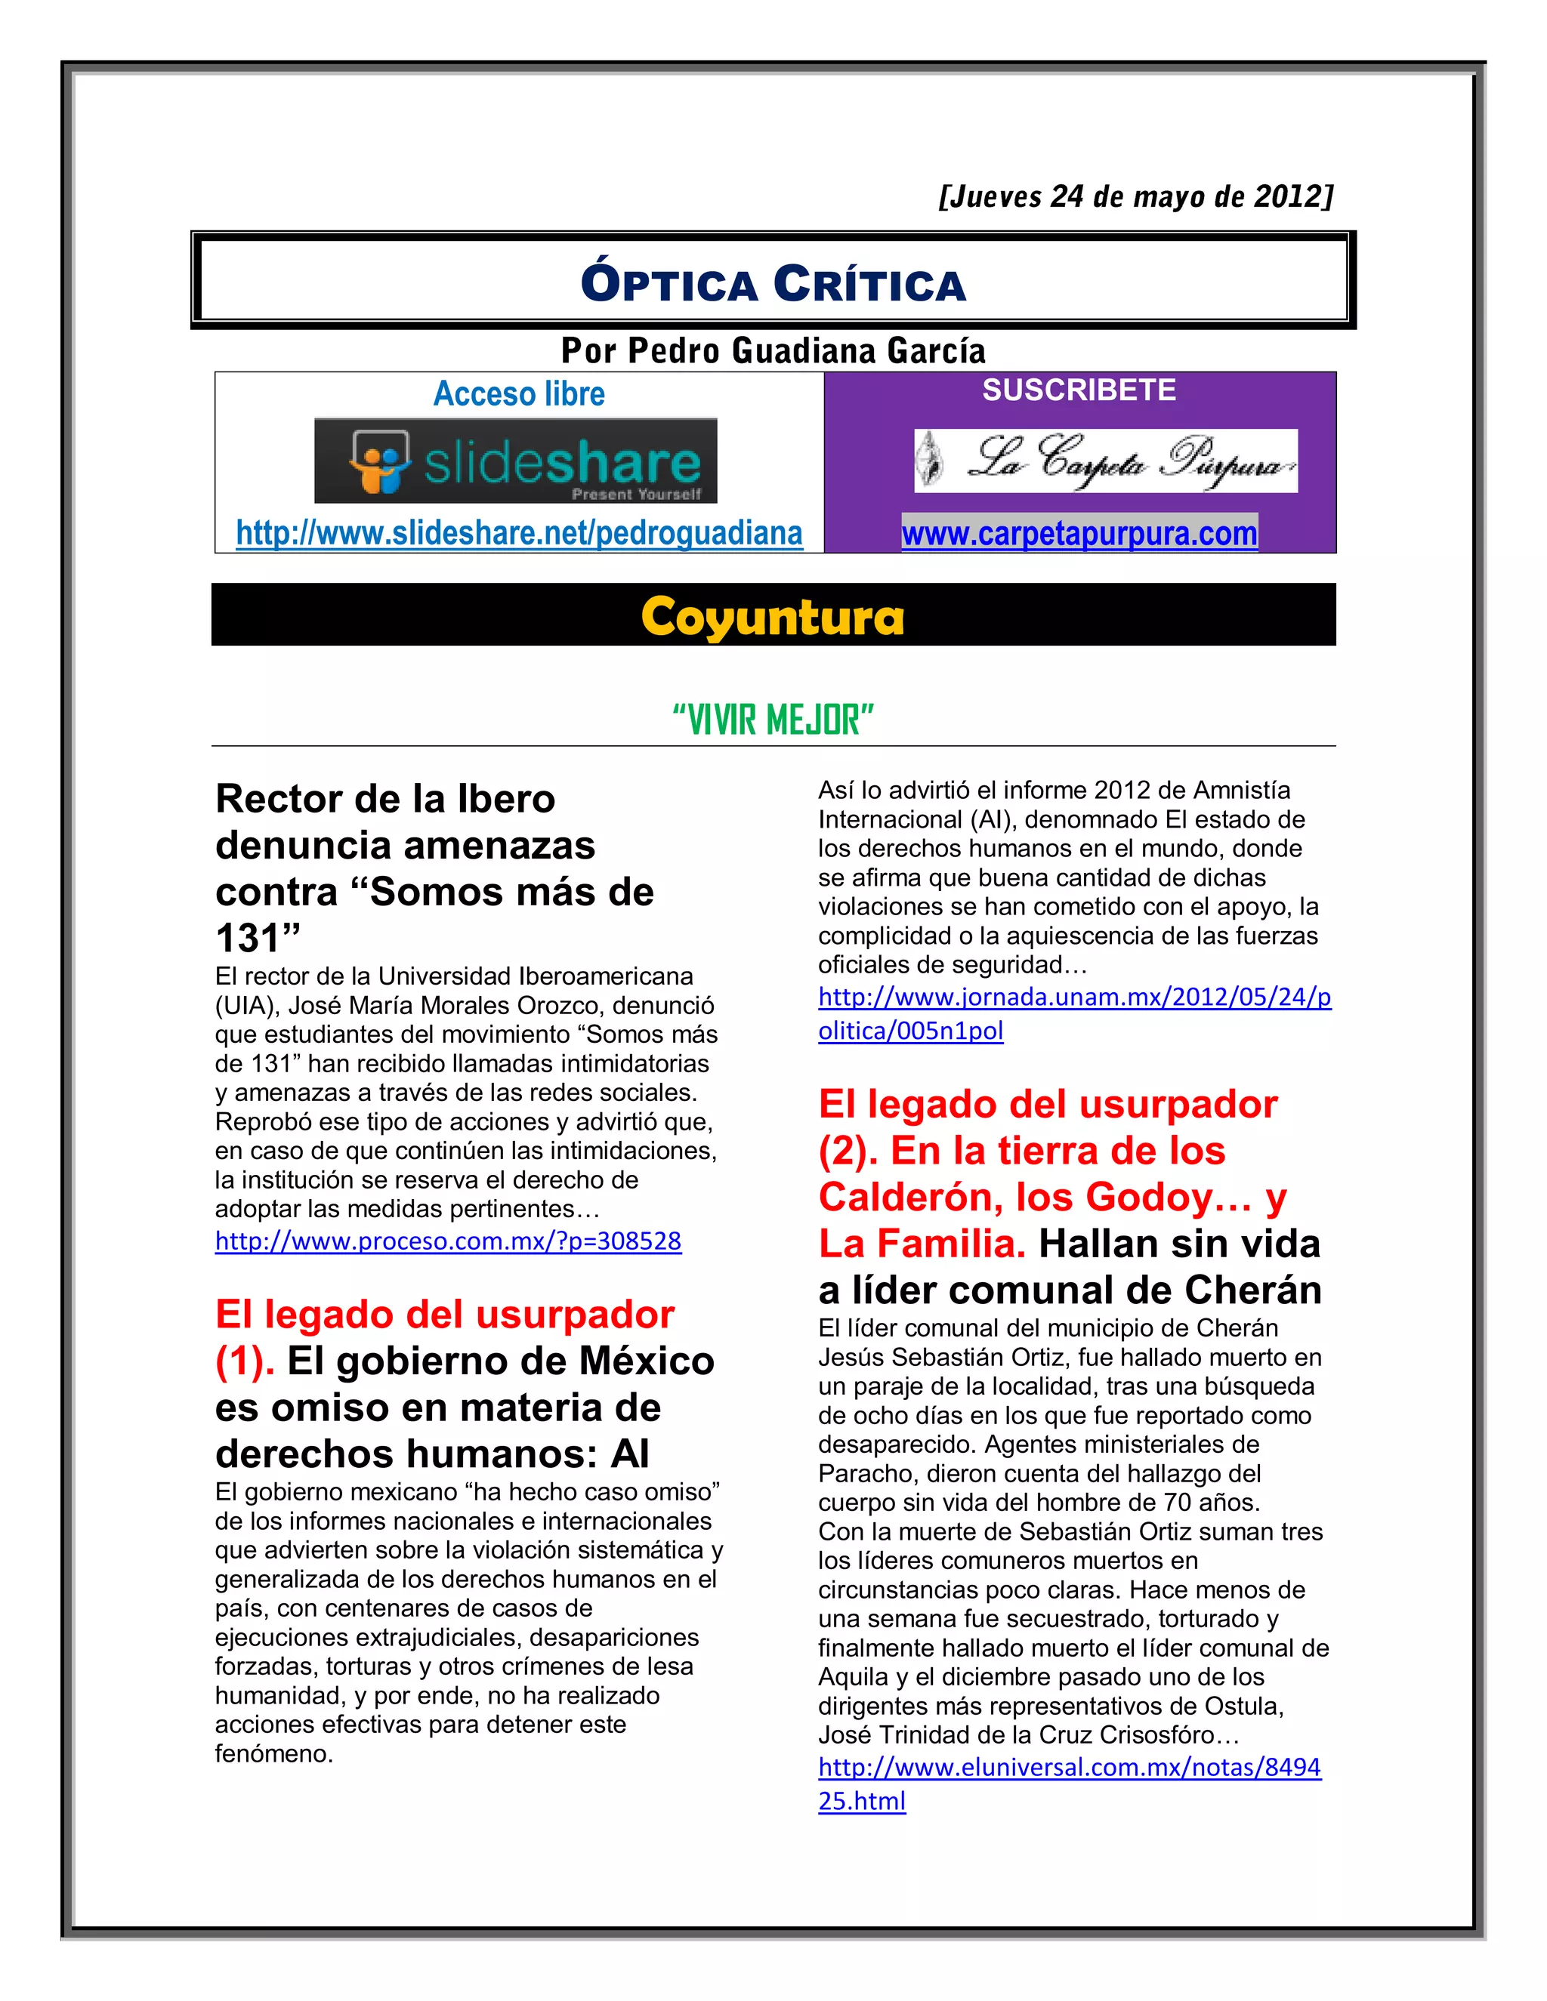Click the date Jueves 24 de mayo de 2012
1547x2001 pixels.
[x=1135, y=197]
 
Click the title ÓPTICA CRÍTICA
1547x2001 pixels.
[x=773, y=283]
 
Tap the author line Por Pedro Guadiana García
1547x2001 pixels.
[x=773, y=351]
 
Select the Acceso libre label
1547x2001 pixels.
[x=519, y=394]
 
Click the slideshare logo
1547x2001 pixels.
[x=515, y=461]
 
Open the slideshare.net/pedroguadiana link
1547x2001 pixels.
[x=519, y=533]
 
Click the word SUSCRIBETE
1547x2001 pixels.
[x=1079, y=390]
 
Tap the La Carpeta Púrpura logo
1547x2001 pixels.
[x=1105, y=461]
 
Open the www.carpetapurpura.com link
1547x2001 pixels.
[x=1079, y=534]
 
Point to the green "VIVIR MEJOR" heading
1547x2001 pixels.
[x=773, y=720]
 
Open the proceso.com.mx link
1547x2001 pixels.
[x=448, y=1241]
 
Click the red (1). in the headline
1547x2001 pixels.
[x=245, y=1361]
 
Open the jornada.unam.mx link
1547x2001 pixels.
[x=1074, y=1013]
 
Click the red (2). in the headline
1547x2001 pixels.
[x=848, y=1152]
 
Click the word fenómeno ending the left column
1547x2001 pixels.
[x=273, y=1753]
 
